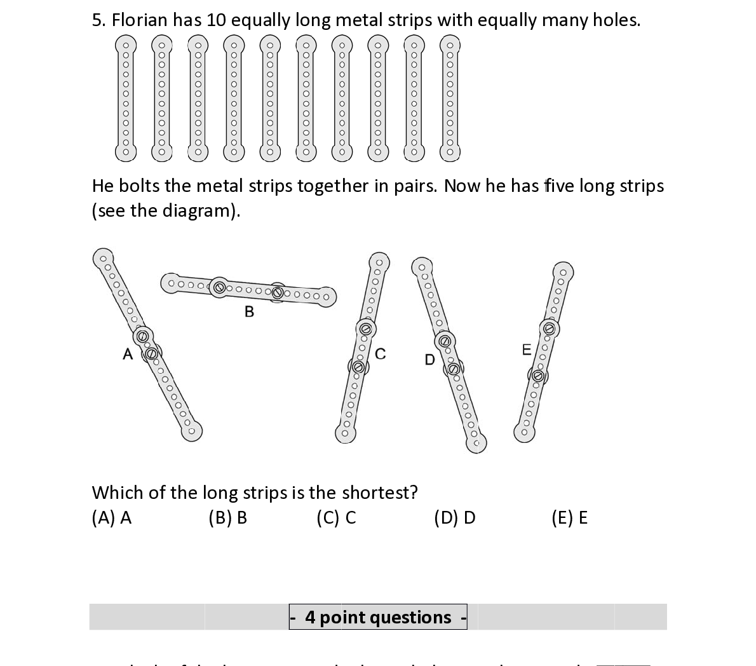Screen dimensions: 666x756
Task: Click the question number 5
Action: (98, 20)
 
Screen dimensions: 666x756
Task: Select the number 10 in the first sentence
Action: (216, 20)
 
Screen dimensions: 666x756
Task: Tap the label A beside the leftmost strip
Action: (128, 354)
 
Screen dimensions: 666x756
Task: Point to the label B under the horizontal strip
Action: (249, 311)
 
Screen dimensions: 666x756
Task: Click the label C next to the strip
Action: (380, 354)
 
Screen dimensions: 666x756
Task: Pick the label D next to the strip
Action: (429, 360)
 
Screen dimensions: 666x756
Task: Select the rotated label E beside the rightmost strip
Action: (527, 350)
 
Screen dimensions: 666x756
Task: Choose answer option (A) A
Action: (112, 518)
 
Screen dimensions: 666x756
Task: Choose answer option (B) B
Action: (227, 518)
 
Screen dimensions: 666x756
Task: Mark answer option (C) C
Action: (336, 518)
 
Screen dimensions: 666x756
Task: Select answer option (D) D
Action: (454, 518)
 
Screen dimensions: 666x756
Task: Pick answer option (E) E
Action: (569, 518)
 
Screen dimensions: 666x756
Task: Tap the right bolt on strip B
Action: (278, 292)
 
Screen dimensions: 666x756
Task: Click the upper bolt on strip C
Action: (365, 329)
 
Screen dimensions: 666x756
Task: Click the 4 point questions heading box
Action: (378, 617)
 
